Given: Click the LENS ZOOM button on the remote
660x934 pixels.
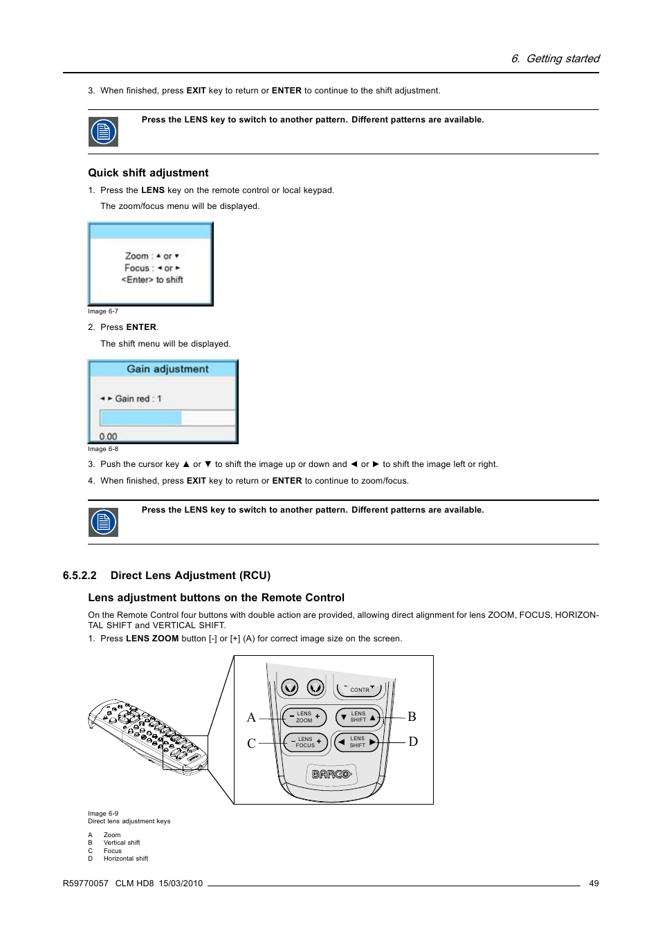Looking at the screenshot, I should click(304, 717).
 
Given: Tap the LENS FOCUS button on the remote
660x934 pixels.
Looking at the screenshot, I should click(305, 742).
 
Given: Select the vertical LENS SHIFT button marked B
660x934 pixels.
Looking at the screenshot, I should click(358, 717).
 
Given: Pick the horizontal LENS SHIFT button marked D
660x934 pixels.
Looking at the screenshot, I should click(357, 742).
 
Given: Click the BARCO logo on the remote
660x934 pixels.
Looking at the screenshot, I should click(331, 774).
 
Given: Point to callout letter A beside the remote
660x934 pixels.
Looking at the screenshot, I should click(251, 717).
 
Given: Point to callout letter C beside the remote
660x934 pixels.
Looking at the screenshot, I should click(251, 743).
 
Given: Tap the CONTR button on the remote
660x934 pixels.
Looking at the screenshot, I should click(359, 689).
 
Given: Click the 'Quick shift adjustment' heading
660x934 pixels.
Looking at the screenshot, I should click(148, 173).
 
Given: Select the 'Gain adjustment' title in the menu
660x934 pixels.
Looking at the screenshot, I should click(167, 369).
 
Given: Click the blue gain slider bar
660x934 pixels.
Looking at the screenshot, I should click(141, 418).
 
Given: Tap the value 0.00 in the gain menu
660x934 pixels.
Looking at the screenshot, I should click(108, 437).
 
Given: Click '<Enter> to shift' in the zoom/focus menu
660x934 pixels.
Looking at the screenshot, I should click(152, 280).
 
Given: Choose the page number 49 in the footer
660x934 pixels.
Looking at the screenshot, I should click(594, 883).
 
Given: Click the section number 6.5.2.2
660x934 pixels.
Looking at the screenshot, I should click(80, 576).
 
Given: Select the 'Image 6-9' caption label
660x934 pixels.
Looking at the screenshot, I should click(103, 814).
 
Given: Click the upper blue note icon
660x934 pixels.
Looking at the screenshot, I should click(103, 131).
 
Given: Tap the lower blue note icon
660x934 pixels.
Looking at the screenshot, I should click(103, 522).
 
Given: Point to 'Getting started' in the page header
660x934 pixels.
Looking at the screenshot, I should click(562, 59).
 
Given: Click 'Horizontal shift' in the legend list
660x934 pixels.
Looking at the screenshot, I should click(126, 859).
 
